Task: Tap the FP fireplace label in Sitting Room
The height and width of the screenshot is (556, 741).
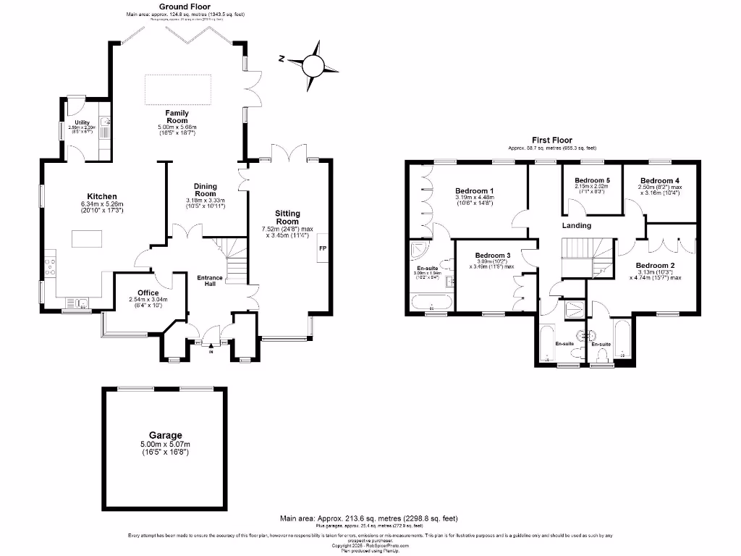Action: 322,248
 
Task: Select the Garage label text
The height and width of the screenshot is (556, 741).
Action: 161,436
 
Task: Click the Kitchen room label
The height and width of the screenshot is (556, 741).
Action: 102,196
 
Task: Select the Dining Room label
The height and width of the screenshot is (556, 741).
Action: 206,190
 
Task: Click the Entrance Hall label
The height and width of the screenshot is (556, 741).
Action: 212,279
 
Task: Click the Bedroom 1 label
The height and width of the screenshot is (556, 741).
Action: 473,181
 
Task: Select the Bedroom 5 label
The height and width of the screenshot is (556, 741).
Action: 592,180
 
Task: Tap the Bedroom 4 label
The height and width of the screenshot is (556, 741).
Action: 659,180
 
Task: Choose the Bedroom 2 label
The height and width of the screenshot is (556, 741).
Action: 656,266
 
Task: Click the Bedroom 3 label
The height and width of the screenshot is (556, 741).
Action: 493,256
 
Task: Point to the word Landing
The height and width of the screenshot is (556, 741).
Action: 577,225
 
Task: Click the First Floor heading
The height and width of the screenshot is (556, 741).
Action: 551,140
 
